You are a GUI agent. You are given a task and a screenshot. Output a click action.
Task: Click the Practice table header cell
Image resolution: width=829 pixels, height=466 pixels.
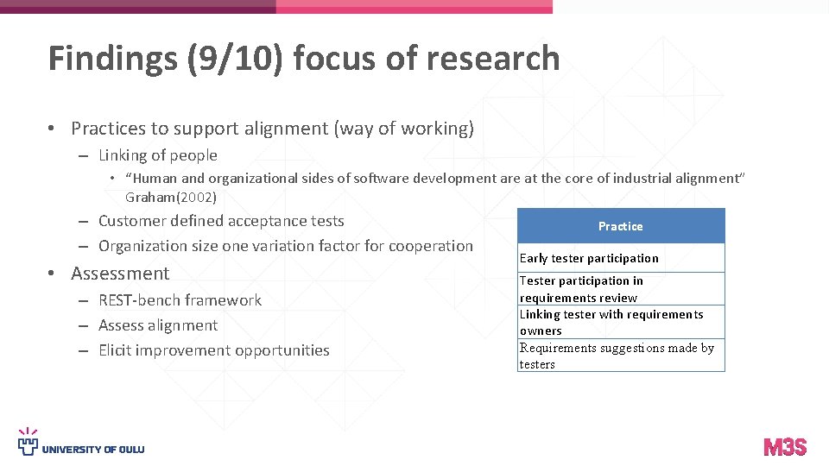(x=620, y=226)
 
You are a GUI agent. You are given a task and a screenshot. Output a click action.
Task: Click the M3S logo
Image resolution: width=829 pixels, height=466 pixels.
(x=785, y=447)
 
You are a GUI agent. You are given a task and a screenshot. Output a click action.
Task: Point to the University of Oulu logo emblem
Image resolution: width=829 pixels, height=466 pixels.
(x=28, y=441)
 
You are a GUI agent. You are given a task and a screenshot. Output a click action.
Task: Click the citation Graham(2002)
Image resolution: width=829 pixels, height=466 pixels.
(x=171, y=197)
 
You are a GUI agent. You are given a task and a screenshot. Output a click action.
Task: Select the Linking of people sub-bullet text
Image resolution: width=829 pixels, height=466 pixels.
(x=158, y=155)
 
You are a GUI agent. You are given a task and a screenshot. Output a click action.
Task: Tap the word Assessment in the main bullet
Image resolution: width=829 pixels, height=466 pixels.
(x=120, y=274)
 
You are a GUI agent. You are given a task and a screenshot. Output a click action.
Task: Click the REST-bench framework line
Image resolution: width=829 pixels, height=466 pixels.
(x=180, y=300)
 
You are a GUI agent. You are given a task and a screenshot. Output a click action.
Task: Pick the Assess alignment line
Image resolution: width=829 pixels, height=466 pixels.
(x=158, y=325)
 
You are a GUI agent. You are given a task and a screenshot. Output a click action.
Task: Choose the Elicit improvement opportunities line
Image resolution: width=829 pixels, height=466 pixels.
(x=214, y=350)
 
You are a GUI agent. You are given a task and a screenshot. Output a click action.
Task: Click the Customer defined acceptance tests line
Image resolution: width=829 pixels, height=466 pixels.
(x=221, y=221)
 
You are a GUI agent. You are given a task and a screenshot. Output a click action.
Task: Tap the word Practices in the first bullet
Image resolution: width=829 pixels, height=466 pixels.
(x=108, y=129)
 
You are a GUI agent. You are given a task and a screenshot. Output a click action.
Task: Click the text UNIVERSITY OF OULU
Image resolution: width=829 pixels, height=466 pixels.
(x=93, y=450)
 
